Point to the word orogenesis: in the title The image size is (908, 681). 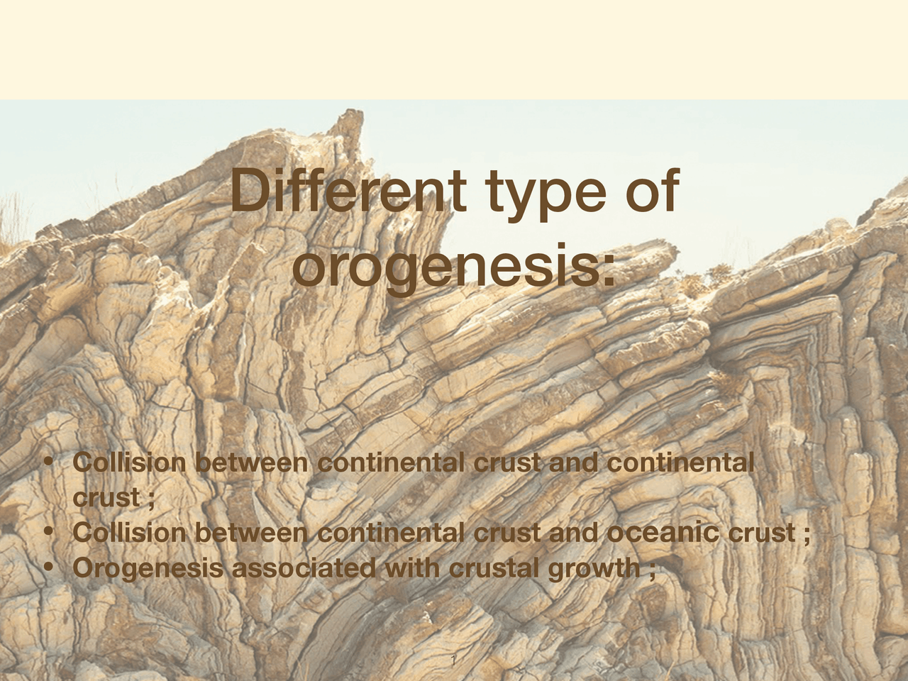(454, 265)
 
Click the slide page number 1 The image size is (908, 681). (454, 662)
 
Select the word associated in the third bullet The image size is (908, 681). (304, 568)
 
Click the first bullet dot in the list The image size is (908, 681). (48, 462)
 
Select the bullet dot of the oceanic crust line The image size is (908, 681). (48, 531)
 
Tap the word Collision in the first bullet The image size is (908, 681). (130, 463)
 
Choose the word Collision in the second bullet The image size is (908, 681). (130, 533)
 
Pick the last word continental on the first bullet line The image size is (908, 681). (681, 463)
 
